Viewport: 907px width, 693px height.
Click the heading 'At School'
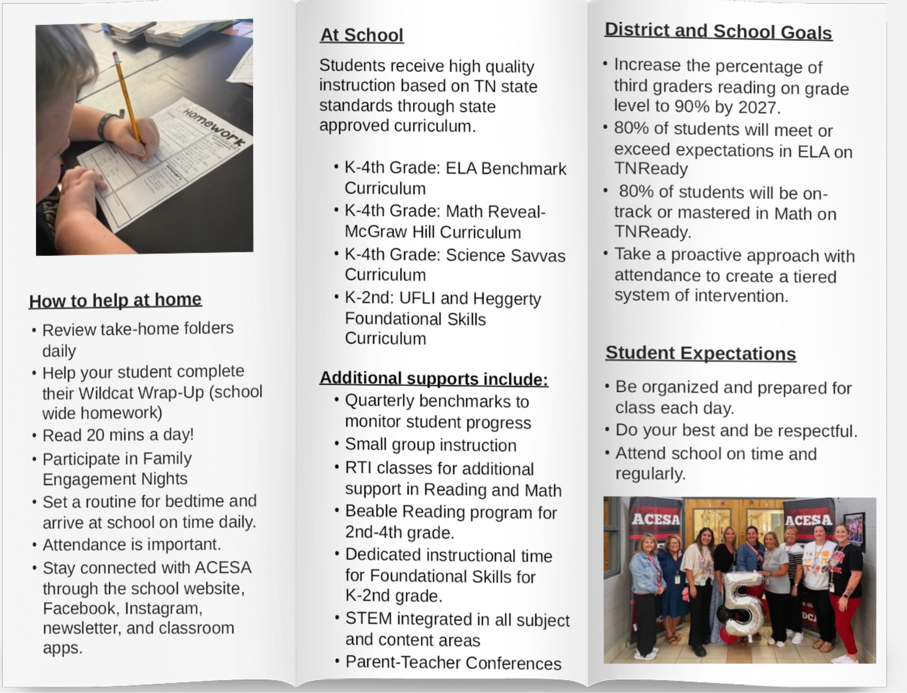pyautogui.click(x=362, y=35)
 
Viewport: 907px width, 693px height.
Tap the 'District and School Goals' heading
pyautogui.click(x=718, y=32)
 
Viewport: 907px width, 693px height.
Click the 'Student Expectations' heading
pyautogui.click(x=701, y=354)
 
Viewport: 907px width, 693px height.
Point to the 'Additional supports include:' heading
pyautogui.click(x=434, y=379)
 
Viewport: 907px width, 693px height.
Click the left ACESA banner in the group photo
pyautogui.click(x=656, y=520)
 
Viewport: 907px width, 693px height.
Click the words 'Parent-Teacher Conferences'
pyautogui.click(x=453, y=663)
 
